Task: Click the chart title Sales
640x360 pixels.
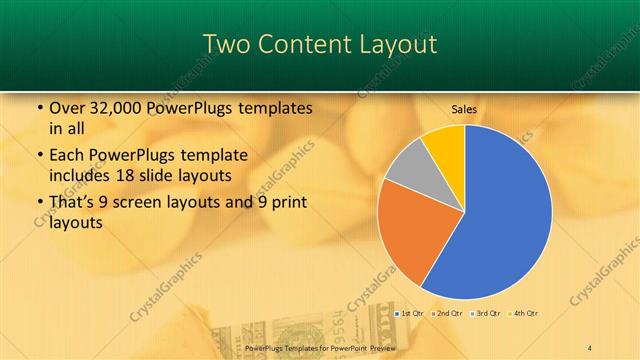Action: [464, 109]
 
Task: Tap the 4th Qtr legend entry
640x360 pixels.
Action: [526, 314]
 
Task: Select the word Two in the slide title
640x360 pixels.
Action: [225, 44]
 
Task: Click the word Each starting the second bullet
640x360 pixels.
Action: [65, 156]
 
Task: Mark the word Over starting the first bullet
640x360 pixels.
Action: [67, 108]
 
